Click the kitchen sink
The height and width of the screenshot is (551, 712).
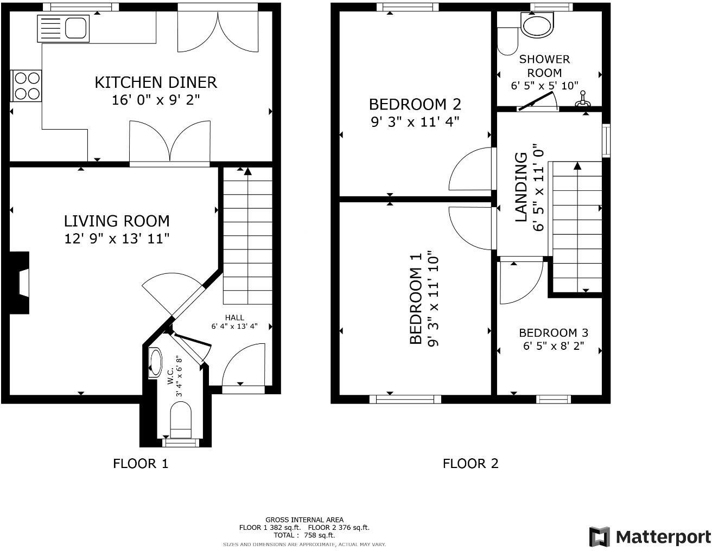(63, 28)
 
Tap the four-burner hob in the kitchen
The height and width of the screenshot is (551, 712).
(27, 86)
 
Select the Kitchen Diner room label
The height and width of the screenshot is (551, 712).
(156, 82)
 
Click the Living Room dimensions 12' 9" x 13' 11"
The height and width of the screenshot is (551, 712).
(117, 239)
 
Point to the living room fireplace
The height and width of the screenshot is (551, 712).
(21, 283)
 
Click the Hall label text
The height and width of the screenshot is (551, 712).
(234, 317)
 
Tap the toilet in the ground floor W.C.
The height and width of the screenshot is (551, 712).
(181, 419)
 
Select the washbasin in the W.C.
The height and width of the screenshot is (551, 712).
(155, 362)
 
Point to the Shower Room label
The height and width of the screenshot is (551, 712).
(544, 66)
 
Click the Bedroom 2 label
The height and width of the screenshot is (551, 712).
(415, 104)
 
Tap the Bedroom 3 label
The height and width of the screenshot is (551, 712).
(553, 332)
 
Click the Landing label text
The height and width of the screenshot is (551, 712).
(521, 187)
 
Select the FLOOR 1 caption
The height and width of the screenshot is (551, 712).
(141, 464)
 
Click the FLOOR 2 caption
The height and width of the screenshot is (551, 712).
(470, 464)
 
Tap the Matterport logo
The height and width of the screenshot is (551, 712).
(650, 537)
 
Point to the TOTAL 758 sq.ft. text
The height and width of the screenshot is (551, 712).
(304, 535)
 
